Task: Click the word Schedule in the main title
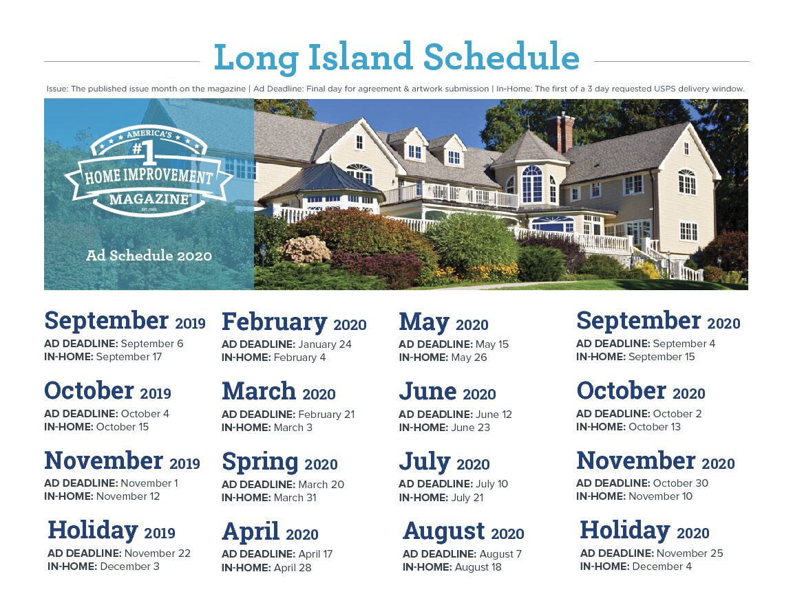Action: point(501,56)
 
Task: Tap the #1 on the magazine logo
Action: point(143,153)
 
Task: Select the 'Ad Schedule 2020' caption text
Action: point(149,256)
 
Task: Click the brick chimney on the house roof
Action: point(560,133)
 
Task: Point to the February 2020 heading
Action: point(294,322)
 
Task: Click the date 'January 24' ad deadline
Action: point(325,344)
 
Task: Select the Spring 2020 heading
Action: point(279,463)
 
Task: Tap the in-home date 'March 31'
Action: point(295,497)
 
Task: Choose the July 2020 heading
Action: point(444,462)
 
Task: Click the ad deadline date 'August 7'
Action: point(500,554)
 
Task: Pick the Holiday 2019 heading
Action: point(112,530)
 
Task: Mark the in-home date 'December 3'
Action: point(129,566)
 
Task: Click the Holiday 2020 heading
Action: point(644,530)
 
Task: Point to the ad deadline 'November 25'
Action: point(690,553)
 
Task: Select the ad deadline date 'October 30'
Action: point(680,483)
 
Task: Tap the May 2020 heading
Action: point(443,322)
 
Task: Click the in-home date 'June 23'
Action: point(470,428)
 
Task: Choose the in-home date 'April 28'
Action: point(293,567)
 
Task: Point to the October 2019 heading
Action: point(107,391)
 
